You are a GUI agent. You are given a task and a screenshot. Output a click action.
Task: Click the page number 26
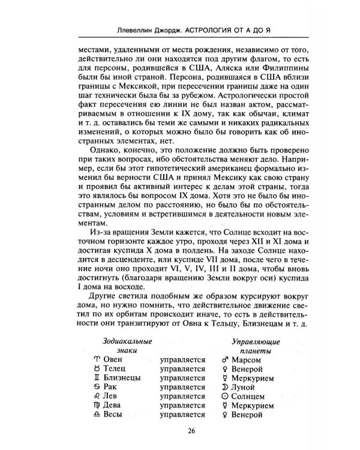pos(180,430)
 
